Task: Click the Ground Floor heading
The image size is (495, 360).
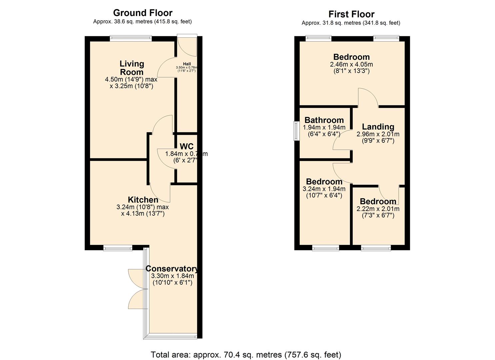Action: (143, 13)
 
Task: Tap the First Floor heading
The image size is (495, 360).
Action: (351, 14)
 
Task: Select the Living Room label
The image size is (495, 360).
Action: (132, 68)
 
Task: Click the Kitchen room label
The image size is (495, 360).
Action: (143, 200)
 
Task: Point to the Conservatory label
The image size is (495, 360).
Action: (172, 269)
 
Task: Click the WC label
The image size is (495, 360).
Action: (186, 147)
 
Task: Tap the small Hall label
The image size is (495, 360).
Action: (187, 64)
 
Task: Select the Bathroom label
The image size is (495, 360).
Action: (324, 120)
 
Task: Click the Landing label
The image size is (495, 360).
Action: (378, 127)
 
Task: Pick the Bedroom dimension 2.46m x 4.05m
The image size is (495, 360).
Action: (351, 64)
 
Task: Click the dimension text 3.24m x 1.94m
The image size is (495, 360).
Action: (324, 189)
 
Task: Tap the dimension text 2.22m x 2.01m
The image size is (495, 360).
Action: (378, 209)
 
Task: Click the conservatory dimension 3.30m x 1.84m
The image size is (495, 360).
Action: (172, 276)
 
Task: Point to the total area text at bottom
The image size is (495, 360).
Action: (246, 354)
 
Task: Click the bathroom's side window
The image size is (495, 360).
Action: (295, 131)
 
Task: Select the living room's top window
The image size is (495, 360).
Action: (131, 38)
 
